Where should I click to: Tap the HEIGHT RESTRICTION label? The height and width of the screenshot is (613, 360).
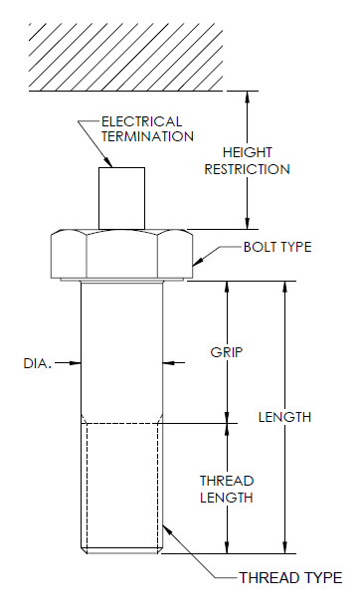coord(247,160)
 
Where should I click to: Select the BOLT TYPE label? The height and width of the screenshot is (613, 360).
coord(276,247)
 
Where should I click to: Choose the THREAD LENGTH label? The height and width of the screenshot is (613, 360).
coord(226,487)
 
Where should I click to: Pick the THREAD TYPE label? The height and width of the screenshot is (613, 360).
coord(290,577)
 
